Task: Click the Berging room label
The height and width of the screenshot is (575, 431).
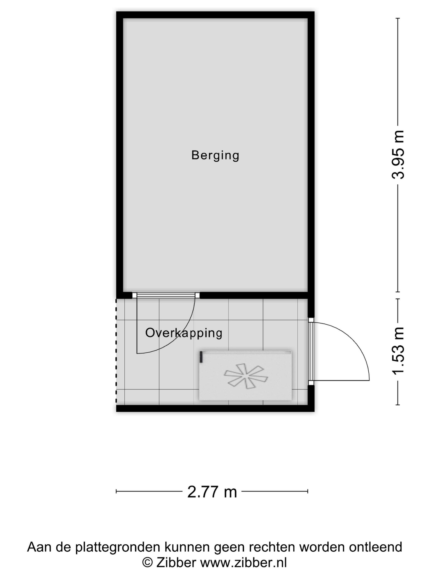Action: pyautogui.click(x=215, y=156)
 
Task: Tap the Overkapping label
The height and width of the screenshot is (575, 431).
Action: pyautogui.click(x=184, y=333)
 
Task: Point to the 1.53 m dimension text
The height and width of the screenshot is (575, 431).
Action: pyautogui.click(x=398, y=350)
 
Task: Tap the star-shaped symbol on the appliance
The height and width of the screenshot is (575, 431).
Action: pyautogui.click(x=246, y=376)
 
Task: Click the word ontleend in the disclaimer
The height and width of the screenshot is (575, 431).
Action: pyautogui.click(x=375, y=547)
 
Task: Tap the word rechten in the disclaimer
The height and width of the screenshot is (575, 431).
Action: pyautogui.click(x=272, y=547)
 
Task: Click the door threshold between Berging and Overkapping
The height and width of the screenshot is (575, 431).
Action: pyautogui.click(x=166, y=295)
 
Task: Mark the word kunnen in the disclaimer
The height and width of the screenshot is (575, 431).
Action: pyautogui.click(x=187, y=547)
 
